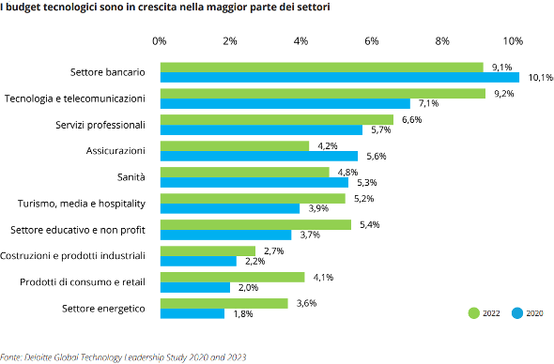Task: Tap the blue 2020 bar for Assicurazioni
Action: pos(259,156)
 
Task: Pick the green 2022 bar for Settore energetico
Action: pos(223,303)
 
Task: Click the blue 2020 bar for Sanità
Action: pos(254,182)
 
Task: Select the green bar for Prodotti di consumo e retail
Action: pos(233,277)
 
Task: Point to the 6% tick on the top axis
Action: pos(372,41)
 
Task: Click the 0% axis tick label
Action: pos(160,41)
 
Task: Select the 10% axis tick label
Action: pos(513,41)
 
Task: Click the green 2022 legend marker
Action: pos(474,313)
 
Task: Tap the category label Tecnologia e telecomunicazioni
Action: pos(74,99)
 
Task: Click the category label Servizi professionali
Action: pos(98,125)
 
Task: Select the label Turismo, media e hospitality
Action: pos(82,203)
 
